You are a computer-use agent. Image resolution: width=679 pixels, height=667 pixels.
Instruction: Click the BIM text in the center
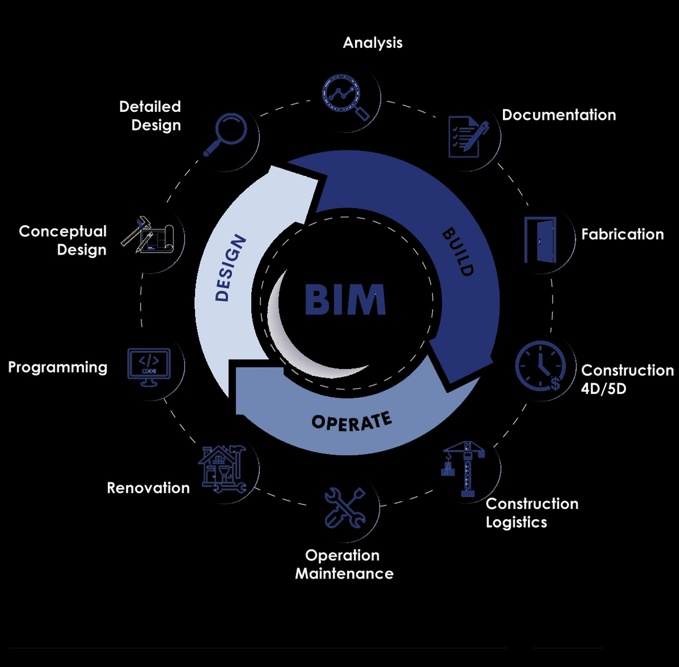click(345, 299)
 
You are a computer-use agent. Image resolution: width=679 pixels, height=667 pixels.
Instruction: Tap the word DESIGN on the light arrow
click(231, 268)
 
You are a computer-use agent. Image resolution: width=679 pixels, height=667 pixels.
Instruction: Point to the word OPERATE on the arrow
click(351, 421)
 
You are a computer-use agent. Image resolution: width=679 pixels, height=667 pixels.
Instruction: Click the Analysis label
click(373, 43)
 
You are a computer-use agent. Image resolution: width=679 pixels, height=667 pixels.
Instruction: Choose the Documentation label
click(559, 115)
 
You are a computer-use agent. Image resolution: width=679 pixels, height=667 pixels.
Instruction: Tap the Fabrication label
click(623, 234)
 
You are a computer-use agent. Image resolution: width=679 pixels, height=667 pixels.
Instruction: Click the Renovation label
click(148, 488)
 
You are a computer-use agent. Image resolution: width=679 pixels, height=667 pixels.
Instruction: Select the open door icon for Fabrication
click(540, 240)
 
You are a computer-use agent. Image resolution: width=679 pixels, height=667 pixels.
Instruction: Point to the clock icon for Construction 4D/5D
click(540, 366)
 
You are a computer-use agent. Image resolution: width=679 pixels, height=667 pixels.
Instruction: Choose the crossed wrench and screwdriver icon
click(345, 508)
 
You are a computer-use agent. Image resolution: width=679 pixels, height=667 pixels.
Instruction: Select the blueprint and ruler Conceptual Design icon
click(148, 235)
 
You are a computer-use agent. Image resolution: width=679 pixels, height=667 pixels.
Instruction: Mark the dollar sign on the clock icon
click(556, 384)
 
